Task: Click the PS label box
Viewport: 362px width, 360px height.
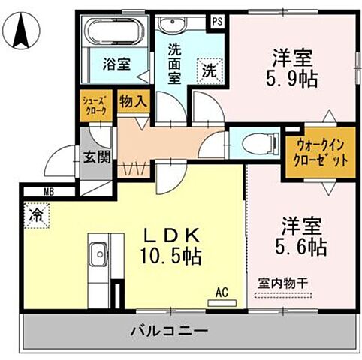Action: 217,21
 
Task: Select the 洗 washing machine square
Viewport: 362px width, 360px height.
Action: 208,71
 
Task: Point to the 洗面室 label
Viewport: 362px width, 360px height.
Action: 173,64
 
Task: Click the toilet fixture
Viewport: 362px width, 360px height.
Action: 253,141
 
